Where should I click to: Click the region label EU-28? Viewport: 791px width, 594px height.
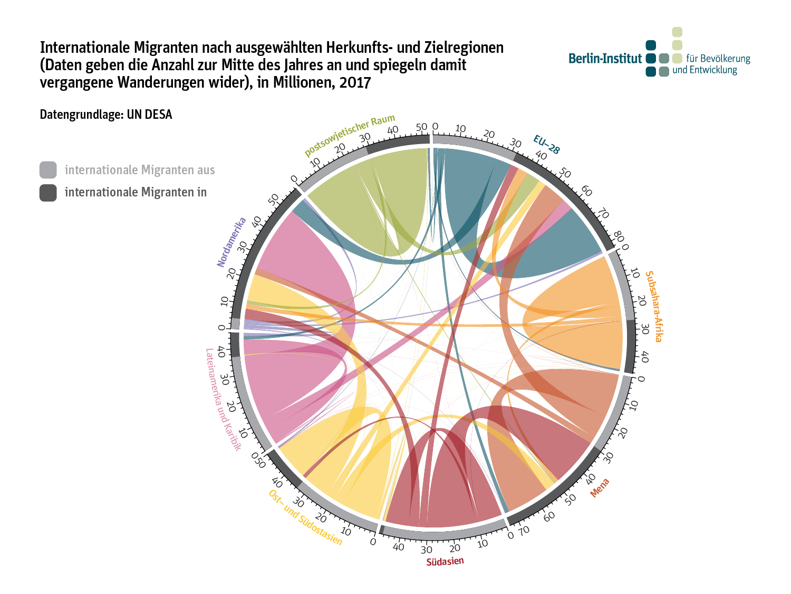coord(546,144)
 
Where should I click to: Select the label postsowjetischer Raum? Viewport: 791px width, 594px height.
coord(350,135)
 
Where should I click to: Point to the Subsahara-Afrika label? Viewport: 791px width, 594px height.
coord(654,306)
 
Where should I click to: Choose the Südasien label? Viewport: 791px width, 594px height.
coord(445,561)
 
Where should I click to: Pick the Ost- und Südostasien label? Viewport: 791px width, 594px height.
coord(305,518)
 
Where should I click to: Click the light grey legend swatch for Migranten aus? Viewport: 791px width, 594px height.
coord(48,170)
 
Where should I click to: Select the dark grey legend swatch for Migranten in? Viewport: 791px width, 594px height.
coord(48,193)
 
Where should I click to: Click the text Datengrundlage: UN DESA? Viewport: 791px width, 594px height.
coord(106,115)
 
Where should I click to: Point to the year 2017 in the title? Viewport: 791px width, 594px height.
coord(355,83)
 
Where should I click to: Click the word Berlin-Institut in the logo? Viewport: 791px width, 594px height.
coord(605,59)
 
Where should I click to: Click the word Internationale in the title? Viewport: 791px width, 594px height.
coord(85,48)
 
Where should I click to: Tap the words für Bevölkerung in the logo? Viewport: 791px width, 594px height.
coord(718,59)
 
